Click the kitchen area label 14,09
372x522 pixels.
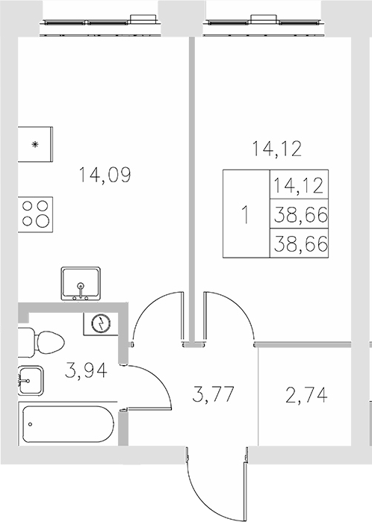[x=105, y=175]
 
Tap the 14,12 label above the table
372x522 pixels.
[x=276, y=149]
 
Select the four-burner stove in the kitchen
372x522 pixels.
[x=36, y=212]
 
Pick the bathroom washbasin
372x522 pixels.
[x=31, y=381]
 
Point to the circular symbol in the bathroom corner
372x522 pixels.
[x=100, y=323]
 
